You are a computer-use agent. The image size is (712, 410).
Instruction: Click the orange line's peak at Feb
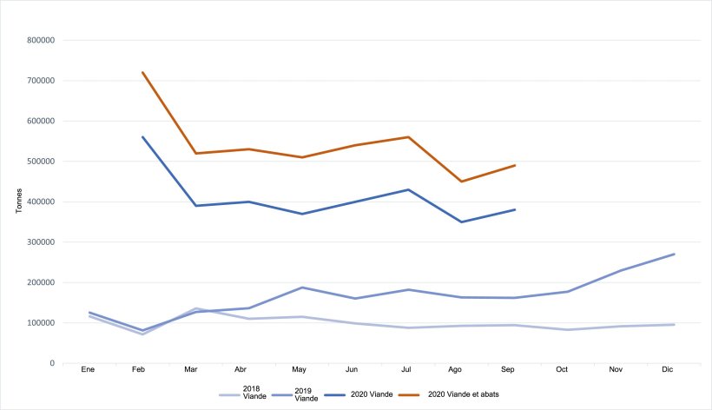click(x=142, y=72)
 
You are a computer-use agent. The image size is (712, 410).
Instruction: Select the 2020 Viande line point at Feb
click(x=142, y=137)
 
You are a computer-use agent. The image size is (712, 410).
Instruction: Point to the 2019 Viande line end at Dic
click(x=675, y=254)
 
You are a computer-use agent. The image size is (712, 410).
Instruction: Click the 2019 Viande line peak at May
click(x=302, y=288)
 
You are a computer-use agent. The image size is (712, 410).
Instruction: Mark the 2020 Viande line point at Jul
click(x=408, y=189)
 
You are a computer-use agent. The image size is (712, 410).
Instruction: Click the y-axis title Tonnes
click(x=19, y=202)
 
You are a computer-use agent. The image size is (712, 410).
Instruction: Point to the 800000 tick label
click(x=42, y=40)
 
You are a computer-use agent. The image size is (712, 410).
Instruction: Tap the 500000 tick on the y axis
click(x=42, y=162)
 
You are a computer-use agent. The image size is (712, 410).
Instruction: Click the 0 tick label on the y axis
click(x=53, y=363)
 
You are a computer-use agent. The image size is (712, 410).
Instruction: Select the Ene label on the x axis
click(x=88, y=370)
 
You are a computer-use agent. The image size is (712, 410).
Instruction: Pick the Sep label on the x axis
click(x=509, y=370)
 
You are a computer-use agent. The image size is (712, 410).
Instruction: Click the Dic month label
click(x=668, y=370)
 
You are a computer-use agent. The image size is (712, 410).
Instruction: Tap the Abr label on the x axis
click(x=246, y=370)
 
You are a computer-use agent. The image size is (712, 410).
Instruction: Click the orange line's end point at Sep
click(x=515, y=165)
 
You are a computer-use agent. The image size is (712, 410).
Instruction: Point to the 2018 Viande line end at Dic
click(x=675, y=325)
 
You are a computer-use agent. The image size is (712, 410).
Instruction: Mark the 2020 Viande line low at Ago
click(x=462, y=222)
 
